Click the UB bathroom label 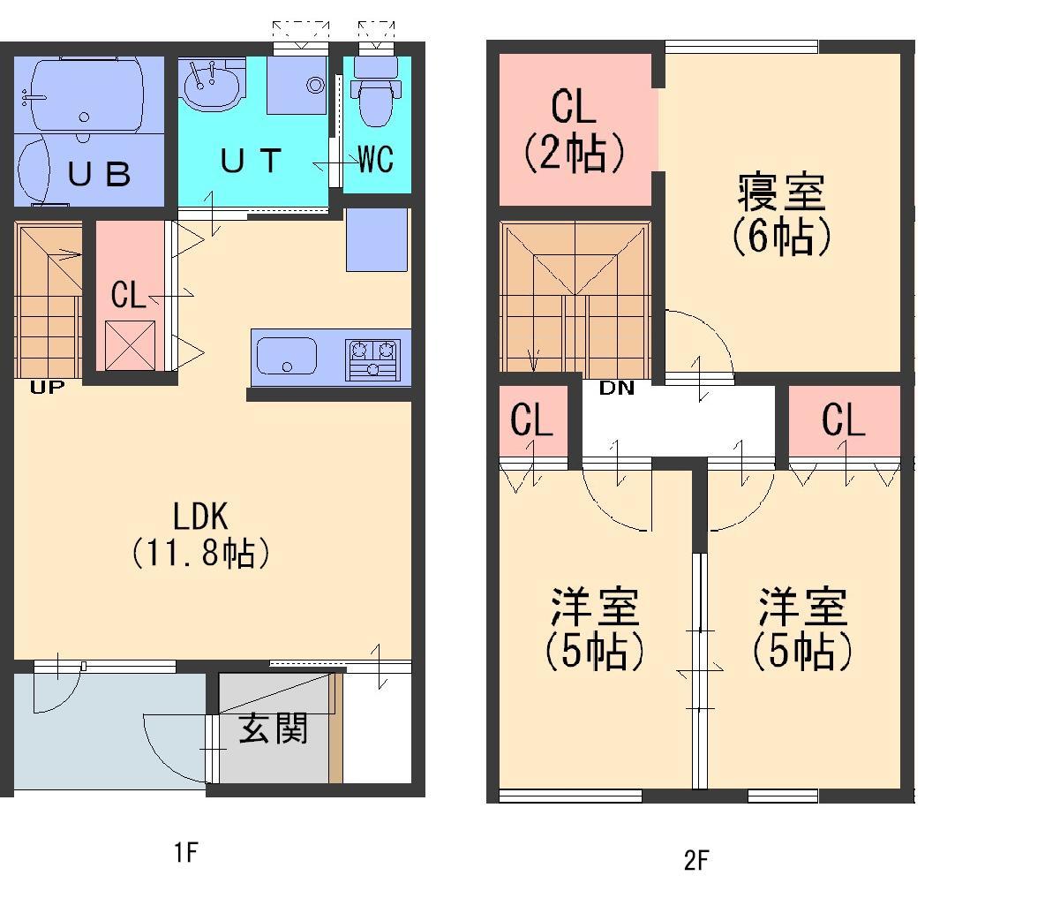[100, 173]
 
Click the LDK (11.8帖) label [201, 534]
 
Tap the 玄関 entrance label [274, 729]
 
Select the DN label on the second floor [617, 388]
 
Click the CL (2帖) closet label [574, 130]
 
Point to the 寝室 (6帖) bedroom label [781, 215]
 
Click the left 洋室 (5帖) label [595, 629]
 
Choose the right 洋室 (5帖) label [802, 629]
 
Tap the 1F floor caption [184, 853]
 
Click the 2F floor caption [696, 860]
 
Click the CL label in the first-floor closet [129, 295]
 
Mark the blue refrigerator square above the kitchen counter [377, 239]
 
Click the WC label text [375, 160]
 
